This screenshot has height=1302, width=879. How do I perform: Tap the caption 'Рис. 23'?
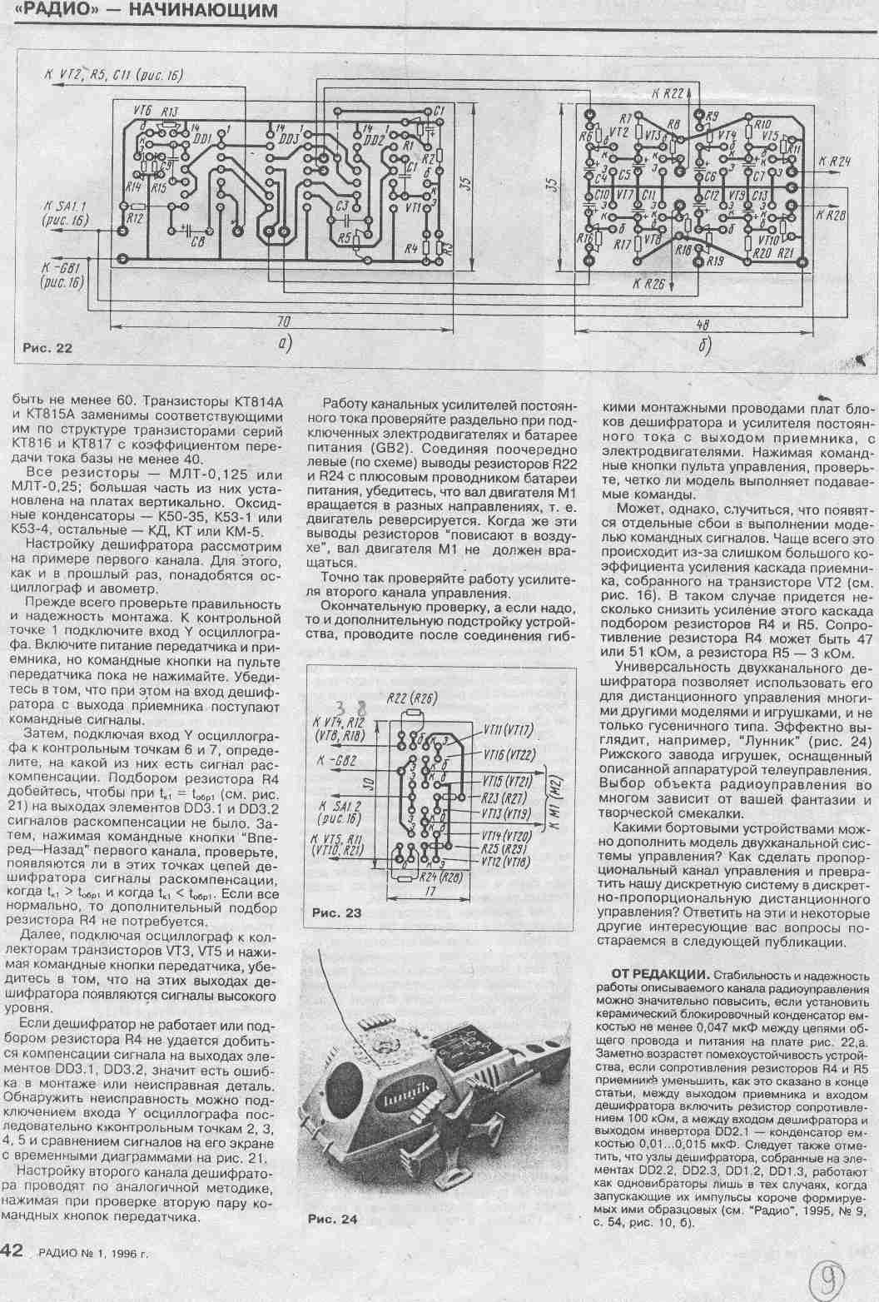(336, 913)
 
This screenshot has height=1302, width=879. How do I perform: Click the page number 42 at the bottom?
(16, 1250)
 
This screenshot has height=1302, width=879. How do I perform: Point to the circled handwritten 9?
(827, 1276)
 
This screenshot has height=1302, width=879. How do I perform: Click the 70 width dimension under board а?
(282, 320)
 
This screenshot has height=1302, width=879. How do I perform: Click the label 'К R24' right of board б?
(834, 162)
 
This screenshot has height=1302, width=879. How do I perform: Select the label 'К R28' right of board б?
(834, 214)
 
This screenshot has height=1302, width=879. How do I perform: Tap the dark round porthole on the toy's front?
(342, 1086)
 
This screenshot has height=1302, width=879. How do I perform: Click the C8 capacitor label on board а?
(197, 241)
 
